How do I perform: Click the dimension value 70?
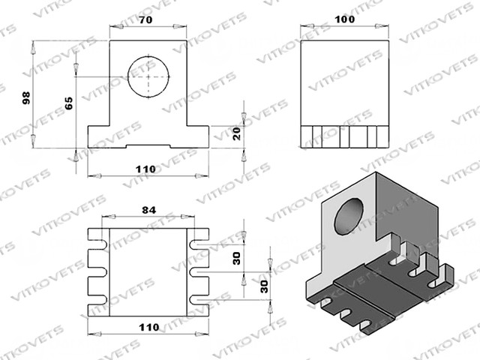tap(145, 20)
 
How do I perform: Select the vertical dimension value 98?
tap(27, 98)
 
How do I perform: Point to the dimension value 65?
tap(69, 103)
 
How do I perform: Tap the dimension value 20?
tap(237, 133)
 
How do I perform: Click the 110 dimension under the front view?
tap(145, 169)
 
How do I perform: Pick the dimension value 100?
tap(345, 19)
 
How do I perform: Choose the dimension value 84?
tap(148, 210)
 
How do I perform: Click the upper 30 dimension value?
tap(237, 258)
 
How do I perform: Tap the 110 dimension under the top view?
tap(149, 327)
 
